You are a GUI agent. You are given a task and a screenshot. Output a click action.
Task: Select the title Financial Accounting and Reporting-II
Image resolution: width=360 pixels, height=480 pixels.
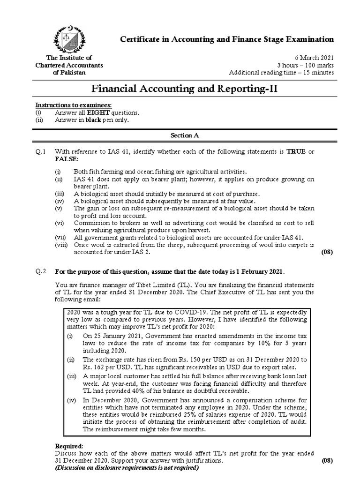coord(183,89)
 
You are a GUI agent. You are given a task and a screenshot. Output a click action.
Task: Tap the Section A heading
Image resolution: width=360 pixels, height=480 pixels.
coord(183,135)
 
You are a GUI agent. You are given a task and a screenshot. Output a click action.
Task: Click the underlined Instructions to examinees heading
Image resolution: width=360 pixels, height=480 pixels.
coord(74,105)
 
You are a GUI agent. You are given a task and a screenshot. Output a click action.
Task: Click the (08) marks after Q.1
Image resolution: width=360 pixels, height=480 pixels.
coord(326,252)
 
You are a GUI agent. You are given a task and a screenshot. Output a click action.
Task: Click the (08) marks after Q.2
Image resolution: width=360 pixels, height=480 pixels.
coord(326,461)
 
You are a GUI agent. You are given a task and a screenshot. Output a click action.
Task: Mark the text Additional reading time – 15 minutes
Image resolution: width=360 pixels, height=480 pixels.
coord(281,72)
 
